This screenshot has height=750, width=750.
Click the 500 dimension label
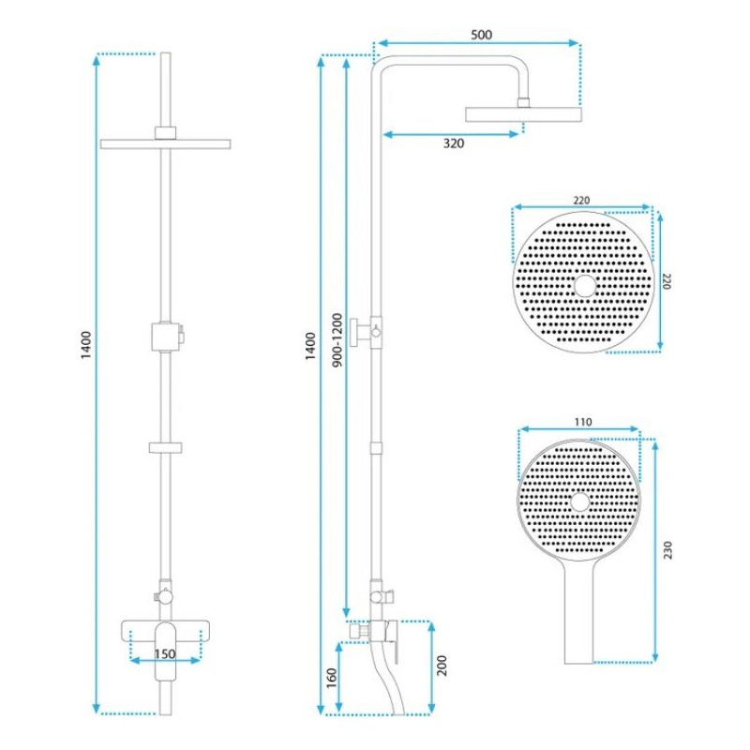coord(481,35)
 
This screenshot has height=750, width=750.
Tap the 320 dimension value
coord(454,143)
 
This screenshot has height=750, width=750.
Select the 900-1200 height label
coord(337,340)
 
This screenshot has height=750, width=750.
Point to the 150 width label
coord(165,653)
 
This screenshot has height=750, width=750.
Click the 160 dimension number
coord(332,678)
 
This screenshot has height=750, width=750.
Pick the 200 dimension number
coord(442,666)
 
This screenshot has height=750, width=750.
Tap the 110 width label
coord(583,422)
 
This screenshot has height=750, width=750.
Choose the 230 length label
coord(667,550)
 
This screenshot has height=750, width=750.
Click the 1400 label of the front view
coord(85,345)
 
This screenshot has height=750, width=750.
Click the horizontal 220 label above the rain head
coord(581,201)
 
